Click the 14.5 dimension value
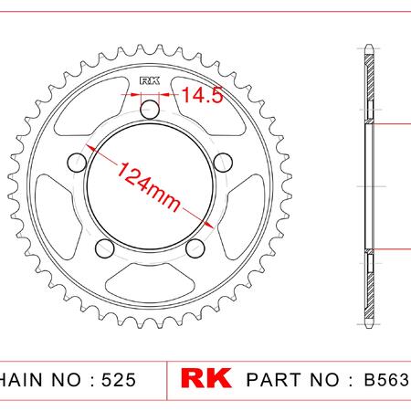click(x=203, y=94)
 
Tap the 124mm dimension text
click(x=149, y=186)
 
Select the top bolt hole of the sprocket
click(x=150, y=110)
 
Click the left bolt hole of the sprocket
click(x=77, y=163)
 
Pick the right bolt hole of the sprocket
click(x=223, y=163)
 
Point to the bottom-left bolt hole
click(x=105, y=248)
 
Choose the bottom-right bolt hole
click(x=195, y=248)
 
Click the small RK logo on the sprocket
click(x=150, y=80)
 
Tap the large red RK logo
click(x=205, y=378)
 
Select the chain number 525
click(x=119, y=380)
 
